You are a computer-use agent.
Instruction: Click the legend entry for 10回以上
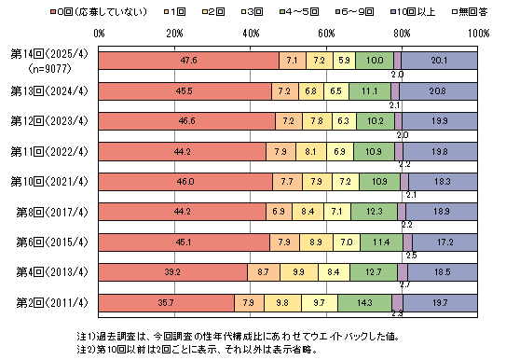[415, 10]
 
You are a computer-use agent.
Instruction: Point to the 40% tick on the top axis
[251, 35]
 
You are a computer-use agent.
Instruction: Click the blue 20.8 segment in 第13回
[439, 91]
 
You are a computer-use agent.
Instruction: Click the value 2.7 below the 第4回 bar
[403, 284]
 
